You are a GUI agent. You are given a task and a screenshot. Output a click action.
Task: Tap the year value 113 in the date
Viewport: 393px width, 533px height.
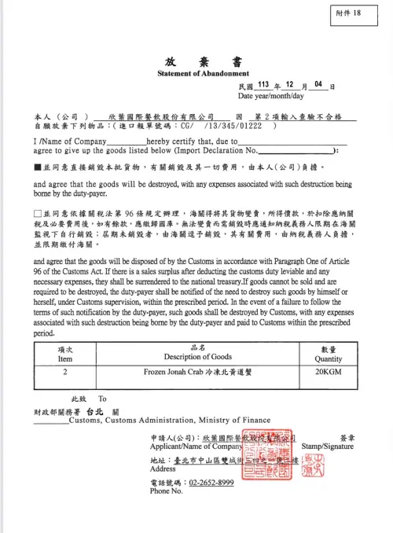tap(263, 83)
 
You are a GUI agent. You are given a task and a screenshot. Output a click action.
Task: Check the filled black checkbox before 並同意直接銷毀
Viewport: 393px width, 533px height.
tap(38, 167)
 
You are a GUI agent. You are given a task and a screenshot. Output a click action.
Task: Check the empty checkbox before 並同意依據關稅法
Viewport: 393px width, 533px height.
tap(38, 213)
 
